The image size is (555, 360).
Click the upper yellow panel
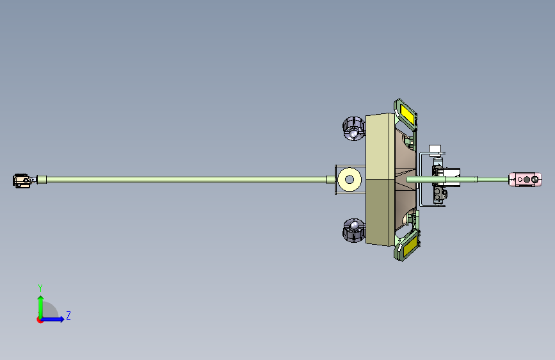coord(407,115)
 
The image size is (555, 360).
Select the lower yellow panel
coord(409,245)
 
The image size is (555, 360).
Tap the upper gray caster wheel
coord(353,128)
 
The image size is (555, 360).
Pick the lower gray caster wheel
coord(353,231)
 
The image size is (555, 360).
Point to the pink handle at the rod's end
coord(526,179)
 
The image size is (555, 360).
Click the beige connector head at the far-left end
coord(22,181)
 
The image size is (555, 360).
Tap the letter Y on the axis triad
coord(40,288)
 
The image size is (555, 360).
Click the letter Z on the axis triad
coord(68,315)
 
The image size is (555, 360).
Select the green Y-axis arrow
coord(41,307)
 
